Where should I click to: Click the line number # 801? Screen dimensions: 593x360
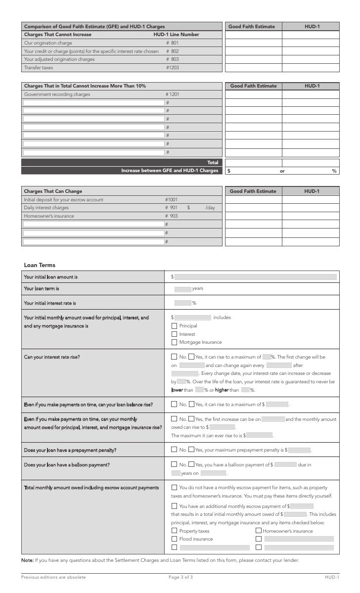[172, 43]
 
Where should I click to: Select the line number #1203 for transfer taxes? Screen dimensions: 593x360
[172, 68]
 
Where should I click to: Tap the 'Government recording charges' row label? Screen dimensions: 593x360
[57, 94]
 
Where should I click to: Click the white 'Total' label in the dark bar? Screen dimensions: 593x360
[213, 162]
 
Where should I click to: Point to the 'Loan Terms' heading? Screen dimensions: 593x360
[40, 265]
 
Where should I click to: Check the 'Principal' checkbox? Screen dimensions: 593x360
[174, 326]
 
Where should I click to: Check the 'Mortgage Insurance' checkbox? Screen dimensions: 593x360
[174, 342]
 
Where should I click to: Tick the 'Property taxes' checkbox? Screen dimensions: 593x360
[174, 531]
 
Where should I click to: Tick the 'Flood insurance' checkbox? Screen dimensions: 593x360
[174, 539]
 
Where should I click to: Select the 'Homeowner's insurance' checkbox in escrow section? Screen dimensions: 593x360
[259, 531]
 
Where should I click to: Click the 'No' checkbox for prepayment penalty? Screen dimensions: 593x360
[174, 450]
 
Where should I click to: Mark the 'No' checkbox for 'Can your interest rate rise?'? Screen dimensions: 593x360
[174, 357]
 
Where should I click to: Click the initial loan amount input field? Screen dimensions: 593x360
[256, 277]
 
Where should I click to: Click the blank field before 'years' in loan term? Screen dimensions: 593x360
[182, 289]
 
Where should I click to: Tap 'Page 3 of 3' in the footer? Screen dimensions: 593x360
[180, 577]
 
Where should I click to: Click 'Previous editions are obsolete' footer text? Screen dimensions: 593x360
[53, 577]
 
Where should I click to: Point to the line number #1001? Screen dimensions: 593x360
[171, 200]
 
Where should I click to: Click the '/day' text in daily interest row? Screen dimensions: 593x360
[210, 208]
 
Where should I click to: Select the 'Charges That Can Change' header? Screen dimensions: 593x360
[53, 191]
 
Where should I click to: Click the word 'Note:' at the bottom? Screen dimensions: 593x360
[27, 560]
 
